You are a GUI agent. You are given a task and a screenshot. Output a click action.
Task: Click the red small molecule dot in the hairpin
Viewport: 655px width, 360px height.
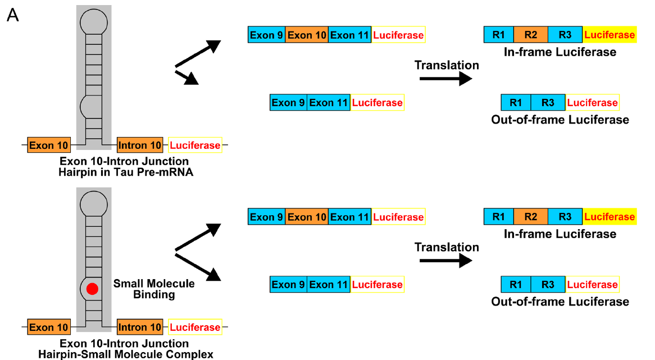(93, 289)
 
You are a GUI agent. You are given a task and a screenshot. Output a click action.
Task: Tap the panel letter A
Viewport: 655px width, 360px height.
(13, 16)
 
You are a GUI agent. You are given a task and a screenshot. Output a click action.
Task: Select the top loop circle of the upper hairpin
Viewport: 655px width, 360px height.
(93, 22)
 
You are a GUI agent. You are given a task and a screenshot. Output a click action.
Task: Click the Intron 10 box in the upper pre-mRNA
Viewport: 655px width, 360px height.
(140, 145)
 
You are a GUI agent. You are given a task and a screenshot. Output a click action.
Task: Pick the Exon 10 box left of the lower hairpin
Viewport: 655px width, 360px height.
(49, 327)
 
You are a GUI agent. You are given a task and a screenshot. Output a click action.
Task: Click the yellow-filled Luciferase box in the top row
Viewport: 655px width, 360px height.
(609, 35)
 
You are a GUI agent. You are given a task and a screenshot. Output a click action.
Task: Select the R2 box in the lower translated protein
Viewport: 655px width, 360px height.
(530, 217)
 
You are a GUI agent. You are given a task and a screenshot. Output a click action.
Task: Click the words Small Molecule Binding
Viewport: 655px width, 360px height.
(154, 289)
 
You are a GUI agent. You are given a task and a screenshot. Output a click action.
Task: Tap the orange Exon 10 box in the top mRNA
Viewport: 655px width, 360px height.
(307, 35)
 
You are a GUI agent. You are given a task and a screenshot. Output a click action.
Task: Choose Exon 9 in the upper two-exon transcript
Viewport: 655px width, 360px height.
(288, 103)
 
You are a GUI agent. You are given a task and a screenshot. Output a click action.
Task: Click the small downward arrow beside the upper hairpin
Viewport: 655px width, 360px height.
(188, 78)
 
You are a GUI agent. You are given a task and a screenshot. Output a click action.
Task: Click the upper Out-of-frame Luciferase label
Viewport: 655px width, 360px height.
(560, 120)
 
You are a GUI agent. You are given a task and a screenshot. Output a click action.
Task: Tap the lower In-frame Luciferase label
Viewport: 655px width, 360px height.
(560, 234)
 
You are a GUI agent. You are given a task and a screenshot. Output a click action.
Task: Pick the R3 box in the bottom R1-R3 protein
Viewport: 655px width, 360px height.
(548, 285)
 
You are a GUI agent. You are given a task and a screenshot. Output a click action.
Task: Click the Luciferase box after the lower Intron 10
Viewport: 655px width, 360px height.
(195, 327)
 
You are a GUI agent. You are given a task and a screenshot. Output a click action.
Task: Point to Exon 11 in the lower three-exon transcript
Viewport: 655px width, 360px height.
(349, 217)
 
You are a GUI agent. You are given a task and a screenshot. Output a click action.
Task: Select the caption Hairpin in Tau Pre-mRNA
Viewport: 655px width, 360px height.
(126, 172)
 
